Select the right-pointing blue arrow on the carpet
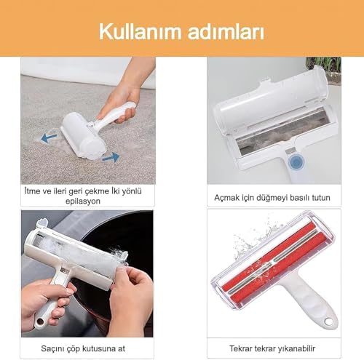110,156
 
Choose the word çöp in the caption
79,346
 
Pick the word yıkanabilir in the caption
298,346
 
